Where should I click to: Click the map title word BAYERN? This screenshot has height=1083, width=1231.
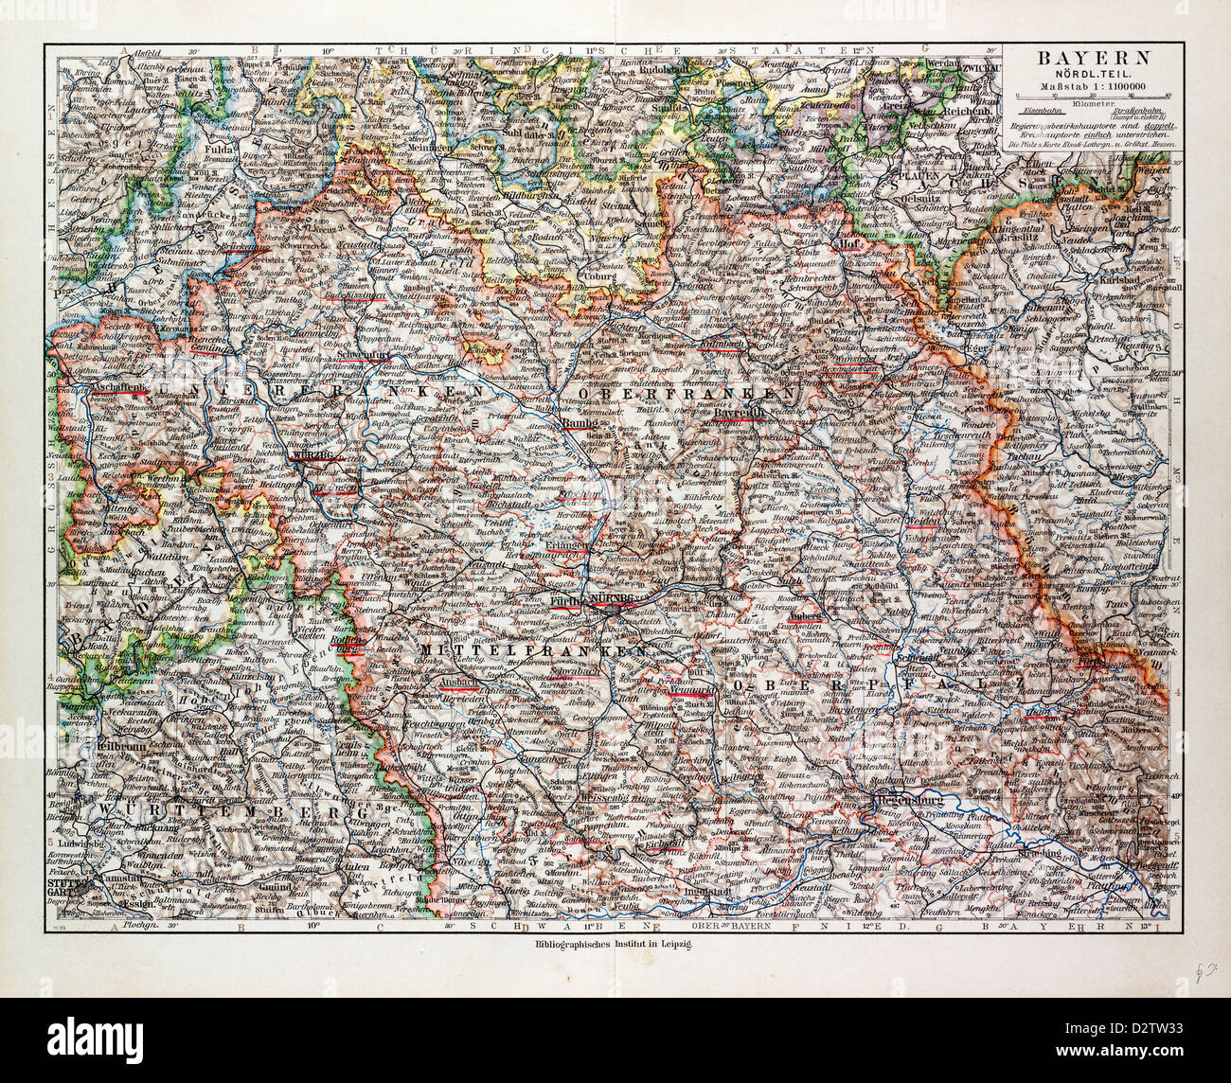(1097, 56)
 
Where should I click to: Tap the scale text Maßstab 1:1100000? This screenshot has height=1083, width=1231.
(1097, 89)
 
